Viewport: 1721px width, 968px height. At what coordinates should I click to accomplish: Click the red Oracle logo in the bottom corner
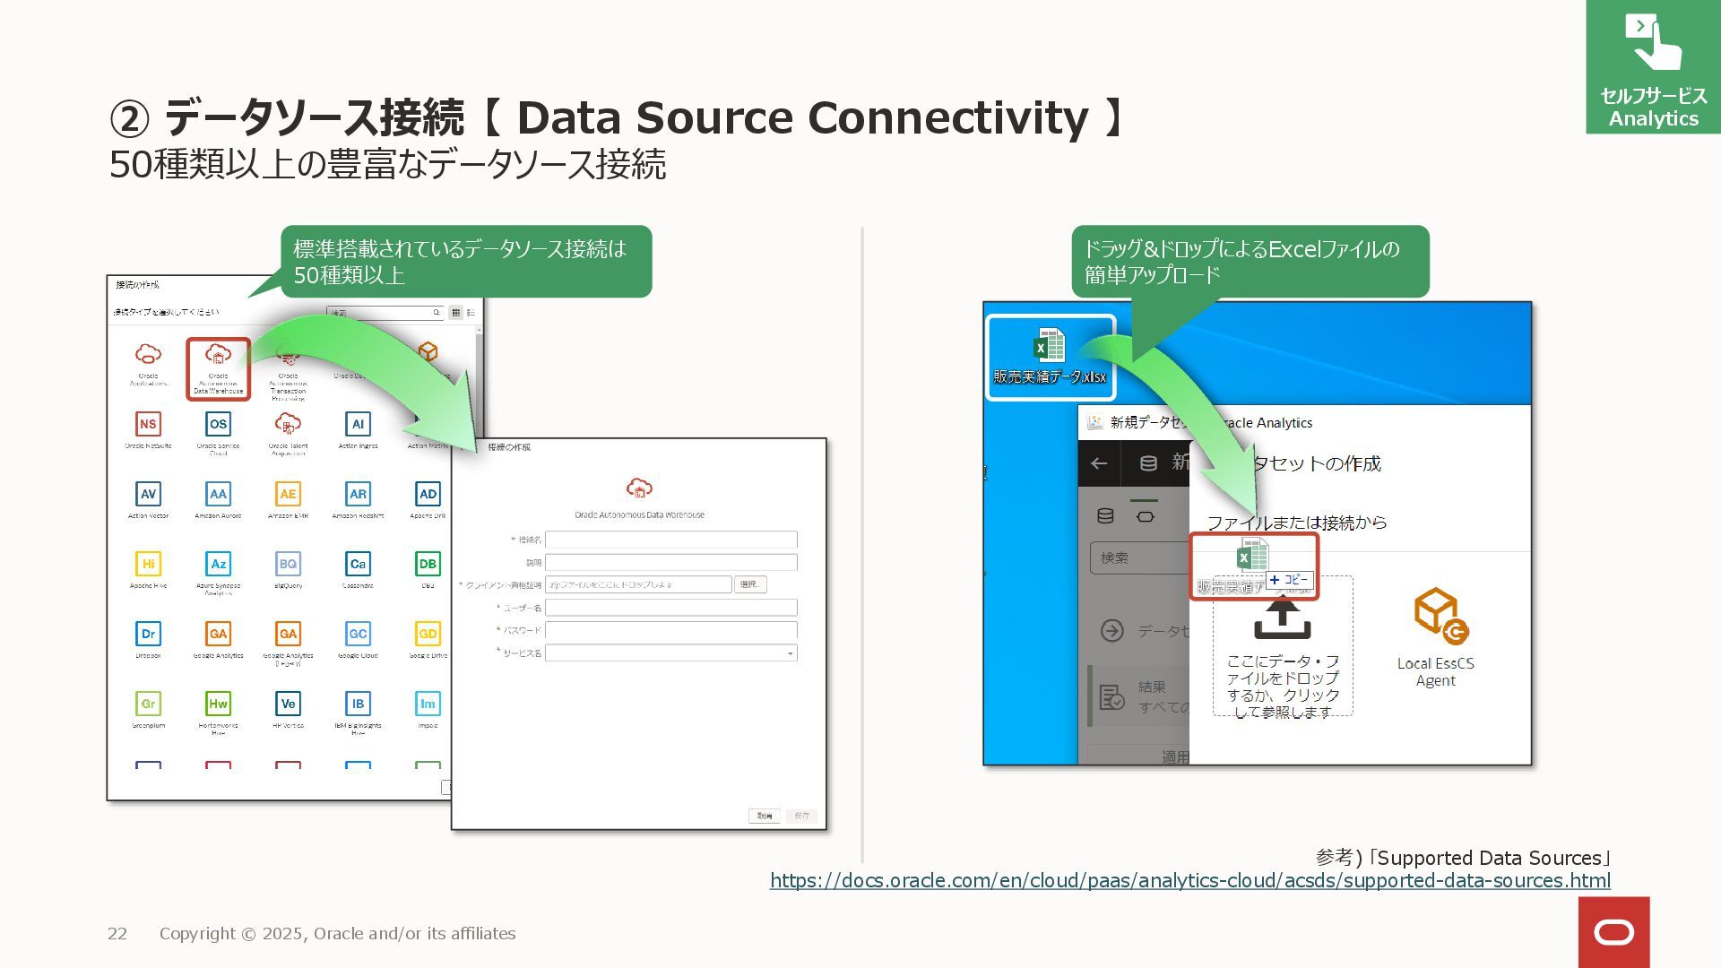click(1613, 932)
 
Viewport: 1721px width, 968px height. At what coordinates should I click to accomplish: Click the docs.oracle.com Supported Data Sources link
click(1189, 881)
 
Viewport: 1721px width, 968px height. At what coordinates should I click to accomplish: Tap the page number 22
click(117, 934)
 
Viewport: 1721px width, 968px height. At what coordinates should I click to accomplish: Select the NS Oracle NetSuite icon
click(148, 424)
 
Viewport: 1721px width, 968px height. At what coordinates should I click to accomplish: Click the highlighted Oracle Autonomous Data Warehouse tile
click(218, 368)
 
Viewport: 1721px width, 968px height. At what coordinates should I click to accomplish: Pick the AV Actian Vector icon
click(148, 494)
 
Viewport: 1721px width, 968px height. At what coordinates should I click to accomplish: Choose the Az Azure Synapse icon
click(218, 564)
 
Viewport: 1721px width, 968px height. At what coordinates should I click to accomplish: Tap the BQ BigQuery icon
click(288, 564)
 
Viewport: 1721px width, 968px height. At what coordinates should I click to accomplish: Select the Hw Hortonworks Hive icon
click(218, 704)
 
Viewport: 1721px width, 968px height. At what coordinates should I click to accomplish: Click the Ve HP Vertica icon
click(288, 704)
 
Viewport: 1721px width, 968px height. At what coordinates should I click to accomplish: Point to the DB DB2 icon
click(428, 564)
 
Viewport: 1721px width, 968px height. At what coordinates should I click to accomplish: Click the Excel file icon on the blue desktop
click(1049, 346)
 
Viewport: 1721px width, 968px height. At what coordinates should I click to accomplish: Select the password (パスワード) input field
click(670, 630)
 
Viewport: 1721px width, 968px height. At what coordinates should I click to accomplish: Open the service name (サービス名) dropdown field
click(670, 653)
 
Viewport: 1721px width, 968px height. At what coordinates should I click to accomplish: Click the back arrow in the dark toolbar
click(1099, 463)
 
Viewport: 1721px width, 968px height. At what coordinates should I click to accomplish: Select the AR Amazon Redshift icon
click(358, 494)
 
